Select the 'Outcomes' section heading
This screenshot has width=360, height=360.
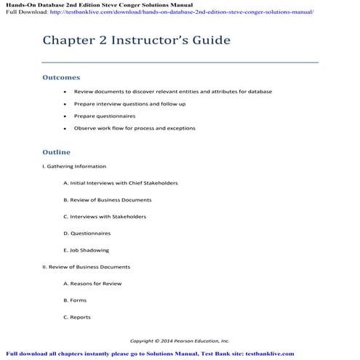coord(61,77)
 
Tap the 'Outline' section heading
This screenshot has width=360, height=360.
coord(56,152)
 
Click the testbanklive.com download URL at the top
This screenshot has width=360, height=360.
coord(188,12)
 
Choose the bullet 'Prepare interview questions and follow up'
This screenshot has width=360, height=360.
coord(129,104)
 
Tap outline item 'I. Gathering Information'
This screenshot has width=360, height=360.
coord(74,167)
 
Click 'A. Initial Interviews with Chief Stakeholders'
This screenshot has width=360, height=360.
coord(120,183)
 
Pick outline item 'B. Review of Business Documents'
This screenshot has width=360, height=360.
coord(107,200)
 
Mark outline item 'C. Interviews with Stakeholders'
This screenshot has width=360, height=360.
coord(104,217)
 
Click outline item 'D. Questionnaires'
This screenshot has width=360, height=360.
coord(87,233)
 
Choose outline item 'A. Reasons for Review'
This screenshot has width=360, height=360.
coord(92,284)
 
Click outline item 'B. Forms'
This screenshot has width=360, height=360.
coord(75,300)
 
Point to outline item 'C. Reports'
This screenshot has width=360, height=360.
coord(77,317)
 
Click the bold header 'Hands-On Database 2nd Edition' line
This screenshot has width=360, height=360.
coord(101,4)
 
